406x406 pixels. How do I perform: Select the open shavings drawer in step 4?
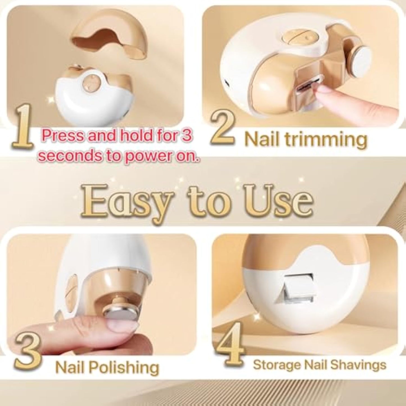pyautogui.click(x=298, y=288)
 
